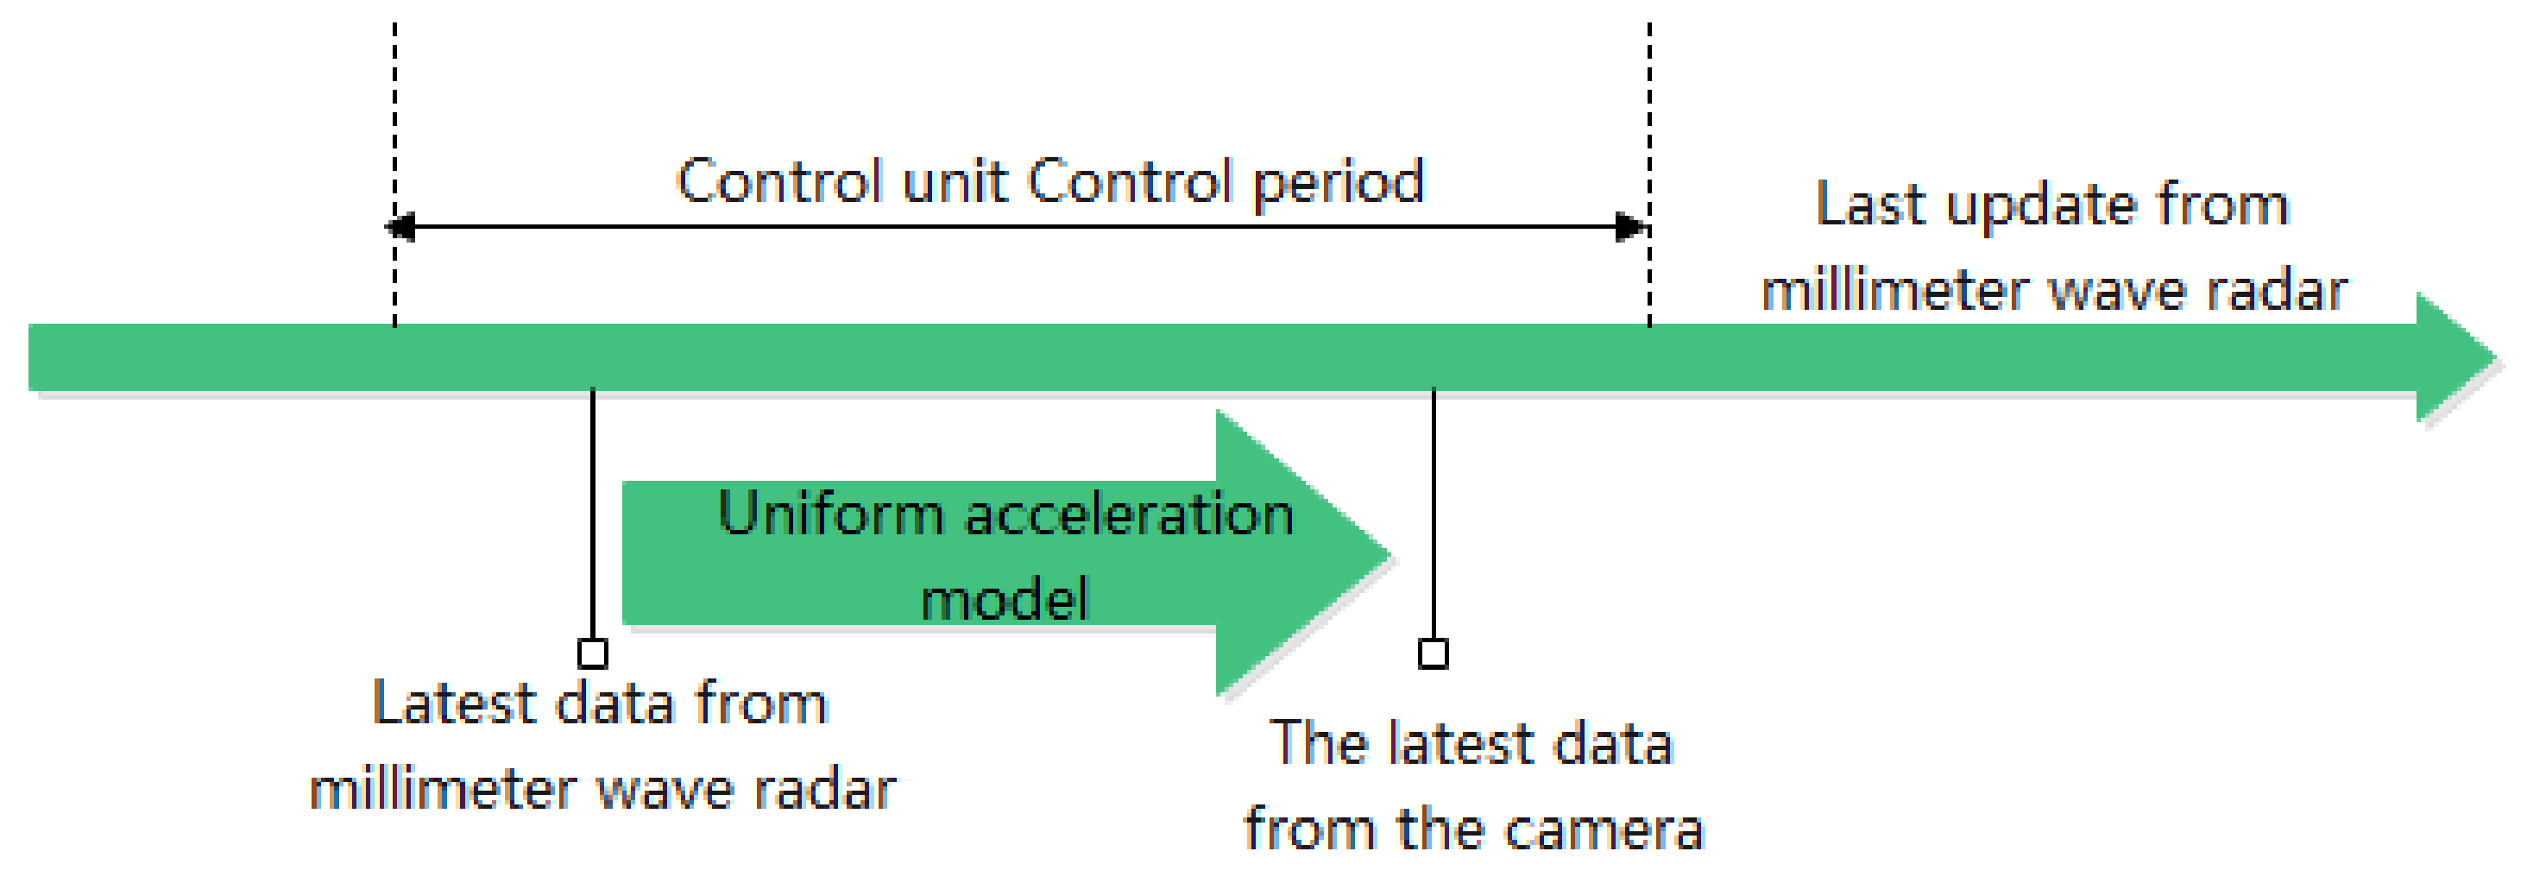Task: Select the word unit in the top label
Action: (955, 181)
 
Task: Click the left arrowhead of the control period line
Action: (400, 228)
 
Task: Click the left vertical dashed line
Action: (394, 117)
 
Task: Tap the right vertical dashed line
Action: (1649, 117)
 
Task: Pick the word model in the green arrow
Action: (1005, 598)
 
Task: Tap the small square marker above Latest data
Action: (593, 653)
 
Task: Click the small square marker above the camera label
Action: (1434, 653)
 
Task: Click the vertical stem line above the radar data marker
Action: (593, 510)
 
